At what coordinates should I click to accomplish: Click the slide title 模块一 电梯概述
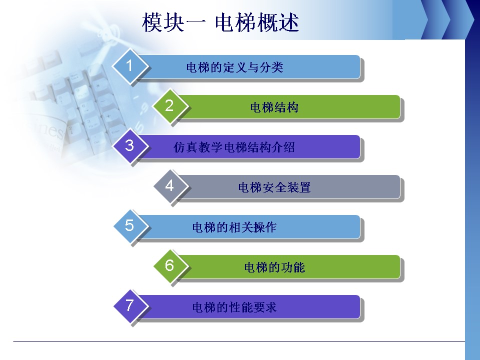pyautogui.click(x=220, y=22)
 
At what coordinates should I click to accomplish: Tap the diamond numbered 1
pyautogui.click(x=130, y=66)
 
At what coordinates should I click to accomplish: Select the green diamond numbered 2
pyautogui.click(x=169, y=106)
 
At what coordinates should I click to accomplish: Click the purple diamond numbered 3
pyautogui.click(x=130, y=146)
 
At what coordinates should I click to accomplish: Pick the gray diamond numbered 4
pyautogui.click(x=169, y=186)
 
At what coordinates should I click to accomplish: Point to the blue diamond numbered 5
pyautogui.click(x=130, y=226)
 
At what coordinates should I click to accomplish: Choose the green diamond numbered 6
pyautogui.click(x=169, y=266)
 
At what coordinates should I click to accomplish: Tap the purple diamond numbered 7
pyautogui.click(x=130, y=306)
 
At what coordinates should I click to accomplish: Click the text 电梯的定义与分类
pyautogui.click(x=235, y=67)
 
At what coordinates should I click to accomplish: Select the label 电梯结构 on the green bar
pyautogui.click(x=274, y=107)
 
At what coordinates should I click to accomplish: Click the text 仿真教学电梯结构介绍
pyautogui.click(x=234, y=147)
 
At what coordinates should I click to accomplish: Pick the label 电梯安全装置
pyautogui.click(x=274, y=187)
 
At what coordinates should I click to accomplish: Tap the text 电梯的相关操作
pyautogui.click(x=234, y=227)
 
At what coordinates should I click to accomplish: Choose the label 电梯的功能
pyautogui.click(x=274, y=267)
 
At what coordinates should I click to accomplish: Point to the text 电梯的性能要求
pyautogui.click(x=234, y=307)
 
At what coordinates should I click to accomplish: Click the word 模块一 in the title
pyautogui.click(x=173, y=22)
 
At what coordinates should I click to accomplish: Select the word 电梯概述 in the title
pyautogui.click(x=257, y=22)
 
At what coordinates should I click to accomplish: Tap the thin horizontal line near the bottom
pyautogui.click(x=239, y=341)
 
